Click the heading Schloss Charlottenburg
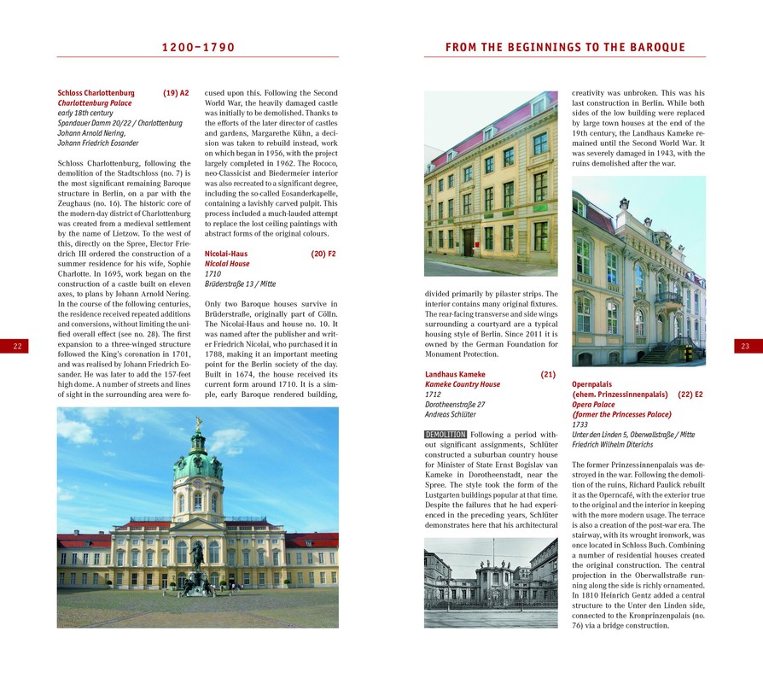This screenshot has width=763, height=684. [x=96, y=92]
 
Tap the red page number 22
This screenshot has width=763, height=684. [x=18, y=346]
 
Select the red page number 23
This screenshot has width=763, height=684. [x=744, y=346]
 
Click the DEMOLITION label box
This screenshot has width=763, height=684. [x=445, y=435]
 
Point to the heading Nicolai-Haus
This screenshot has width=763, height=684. [x=226, y=254]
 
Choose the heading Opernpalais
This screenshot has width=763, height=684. [x=592, y=384]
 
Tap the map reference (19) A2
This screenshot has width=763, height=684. [x=176, y=92]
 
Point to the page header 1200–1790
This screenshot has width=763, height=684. [x=198, y=48]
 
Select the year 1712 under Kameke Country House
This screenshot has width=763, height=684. [x=434, y=395]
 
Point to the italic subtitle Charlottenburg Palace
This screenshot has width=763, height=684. [x=94, y=102]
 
